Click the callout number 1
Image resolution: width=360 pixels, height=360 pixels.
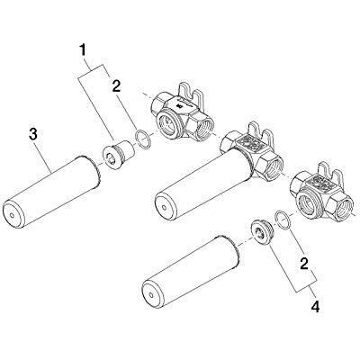click(83, 50)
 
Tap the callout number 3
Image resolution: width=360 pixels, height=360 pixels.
click(33, 135)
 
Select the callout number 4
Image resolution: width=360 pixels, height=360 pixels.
click(315, 307)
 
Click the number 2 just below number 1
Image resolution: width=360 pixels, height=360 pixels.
click(116, 86)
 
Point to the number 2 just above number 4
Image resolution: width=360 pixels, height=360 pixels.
click(304, 264)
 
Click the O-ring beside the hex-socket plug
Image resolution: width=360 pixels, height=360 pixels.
click(142, 139)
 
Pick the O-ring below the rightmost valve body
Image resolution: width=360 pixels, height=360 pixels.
click(283, 220)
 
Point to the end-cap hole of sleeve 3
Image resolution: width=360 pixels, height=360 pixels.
click(12, 215)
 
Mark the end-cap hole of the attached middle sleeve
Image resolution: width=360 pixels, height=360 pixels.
click(164, 208)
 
